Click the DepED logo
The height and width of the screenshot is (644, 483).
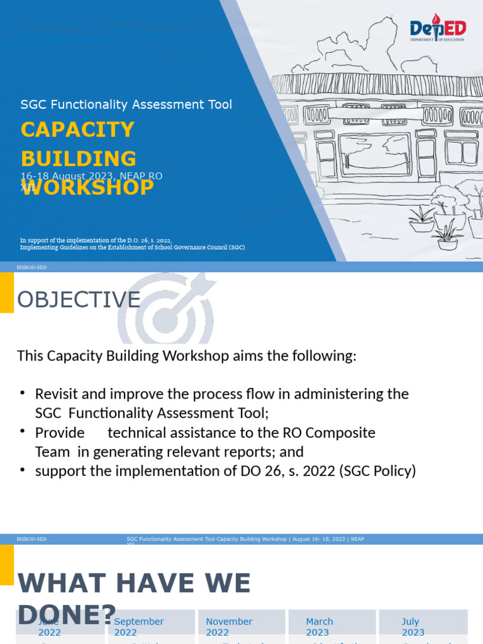[x=437, y=30]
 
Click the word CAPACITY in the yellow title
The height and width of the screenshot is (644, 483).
[x=77, y=130]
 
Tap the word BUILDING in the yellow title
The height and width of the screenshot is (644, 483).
[x=79, y=158]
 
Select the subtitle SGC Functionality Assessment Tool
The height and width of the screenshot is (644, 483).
[x=126, y=104]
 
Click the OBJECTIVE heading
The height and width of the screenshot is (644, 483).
[x=79, y=300]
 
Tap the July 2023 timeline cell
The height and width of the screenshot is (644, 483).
[x=423, y=626]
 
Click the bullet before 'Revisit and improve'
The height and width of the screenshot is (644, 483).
[x=23, y=394]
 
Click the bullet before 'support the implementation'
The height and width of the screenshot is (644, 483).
[x=23, y=470]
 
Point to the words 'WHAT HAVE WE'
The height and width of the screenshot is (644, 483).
[x=134, y=583]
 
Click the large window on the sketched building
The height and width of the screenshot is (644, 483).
[x=375, y=153]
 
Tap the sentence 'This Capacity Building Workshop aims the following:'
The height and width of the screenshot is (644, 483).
[x=186, y=356]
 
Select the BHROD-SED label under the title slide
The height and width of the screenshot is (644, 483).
[x=31, y=267]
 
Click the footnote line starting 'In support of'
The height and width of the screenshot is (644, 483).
[x=96, y=240]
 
